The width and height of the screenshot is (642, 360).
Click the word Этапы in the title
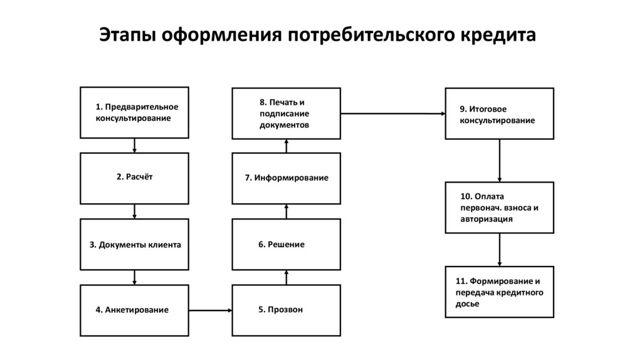[x=129, y=35]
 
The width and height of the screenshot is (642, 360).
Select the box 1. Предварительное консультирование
[x=134, y=112]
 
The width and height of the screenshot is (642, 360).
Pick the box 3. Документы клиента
[x=134, y=244]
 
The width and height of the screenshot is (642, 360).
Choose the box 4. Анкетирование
[x=134, y=309]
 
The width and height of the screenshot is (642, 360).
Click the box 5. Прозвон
[x=287, y=309]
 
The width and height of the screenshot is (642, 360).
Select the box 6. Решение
[x=287, y=244]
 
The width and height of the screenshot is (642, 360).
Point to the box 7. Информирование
[x=287, y=178]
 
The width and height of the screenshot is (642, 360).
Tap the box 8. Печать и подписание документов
[x=287, y=113]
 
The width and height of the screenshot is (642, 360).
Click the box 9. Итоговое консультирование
[x=500, y=114]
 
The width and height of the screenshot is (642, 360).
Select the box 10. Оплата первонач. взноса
[x=500, y=207]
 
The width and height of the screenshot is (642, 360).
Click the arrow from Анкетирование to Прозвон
[x=210, y=309]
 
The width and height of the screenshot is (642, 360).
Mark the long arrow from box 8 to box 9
[x=392, y=114]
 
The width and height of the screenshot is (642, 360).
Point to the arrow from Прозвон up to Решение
[x=287, y=277]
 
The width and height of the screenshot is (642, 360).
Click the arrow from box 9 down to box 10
[x=500, y=160]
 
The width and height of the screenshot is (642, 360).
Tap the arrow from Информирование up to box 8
[x=287, y=146]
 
